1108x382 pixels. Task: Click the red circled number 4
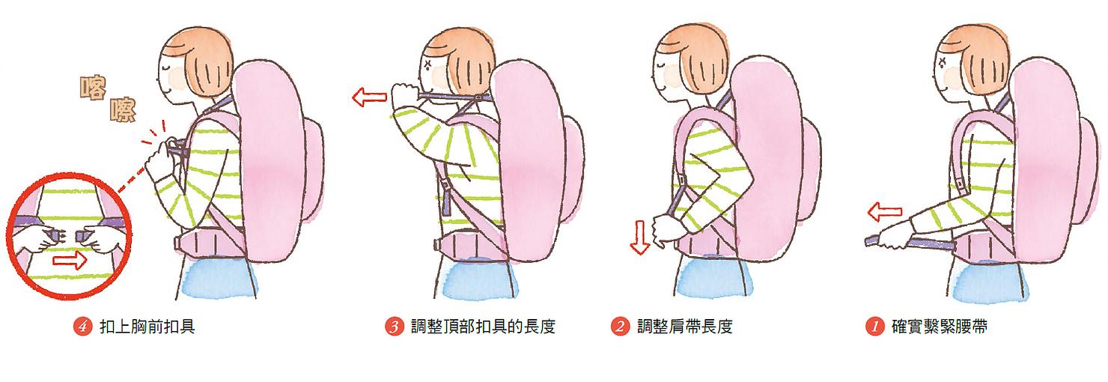(x=82, y=327)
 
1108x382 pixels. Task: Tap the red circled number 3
(x=395, y=327)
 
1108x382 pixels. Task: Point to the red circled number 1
(x=873, y=327)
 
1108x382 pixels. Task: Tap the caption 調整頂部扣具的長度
(x=483, y=327)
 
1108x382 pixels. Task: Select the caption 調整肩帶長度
(x=684, y=327)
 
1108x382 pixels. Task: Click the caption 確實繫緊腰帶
(x=940, y=327)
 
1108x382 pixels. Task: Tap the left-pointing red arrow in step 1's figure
(x=883, y=213)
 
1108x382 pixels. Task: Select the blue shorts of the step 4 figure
(x=218, y=277)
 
